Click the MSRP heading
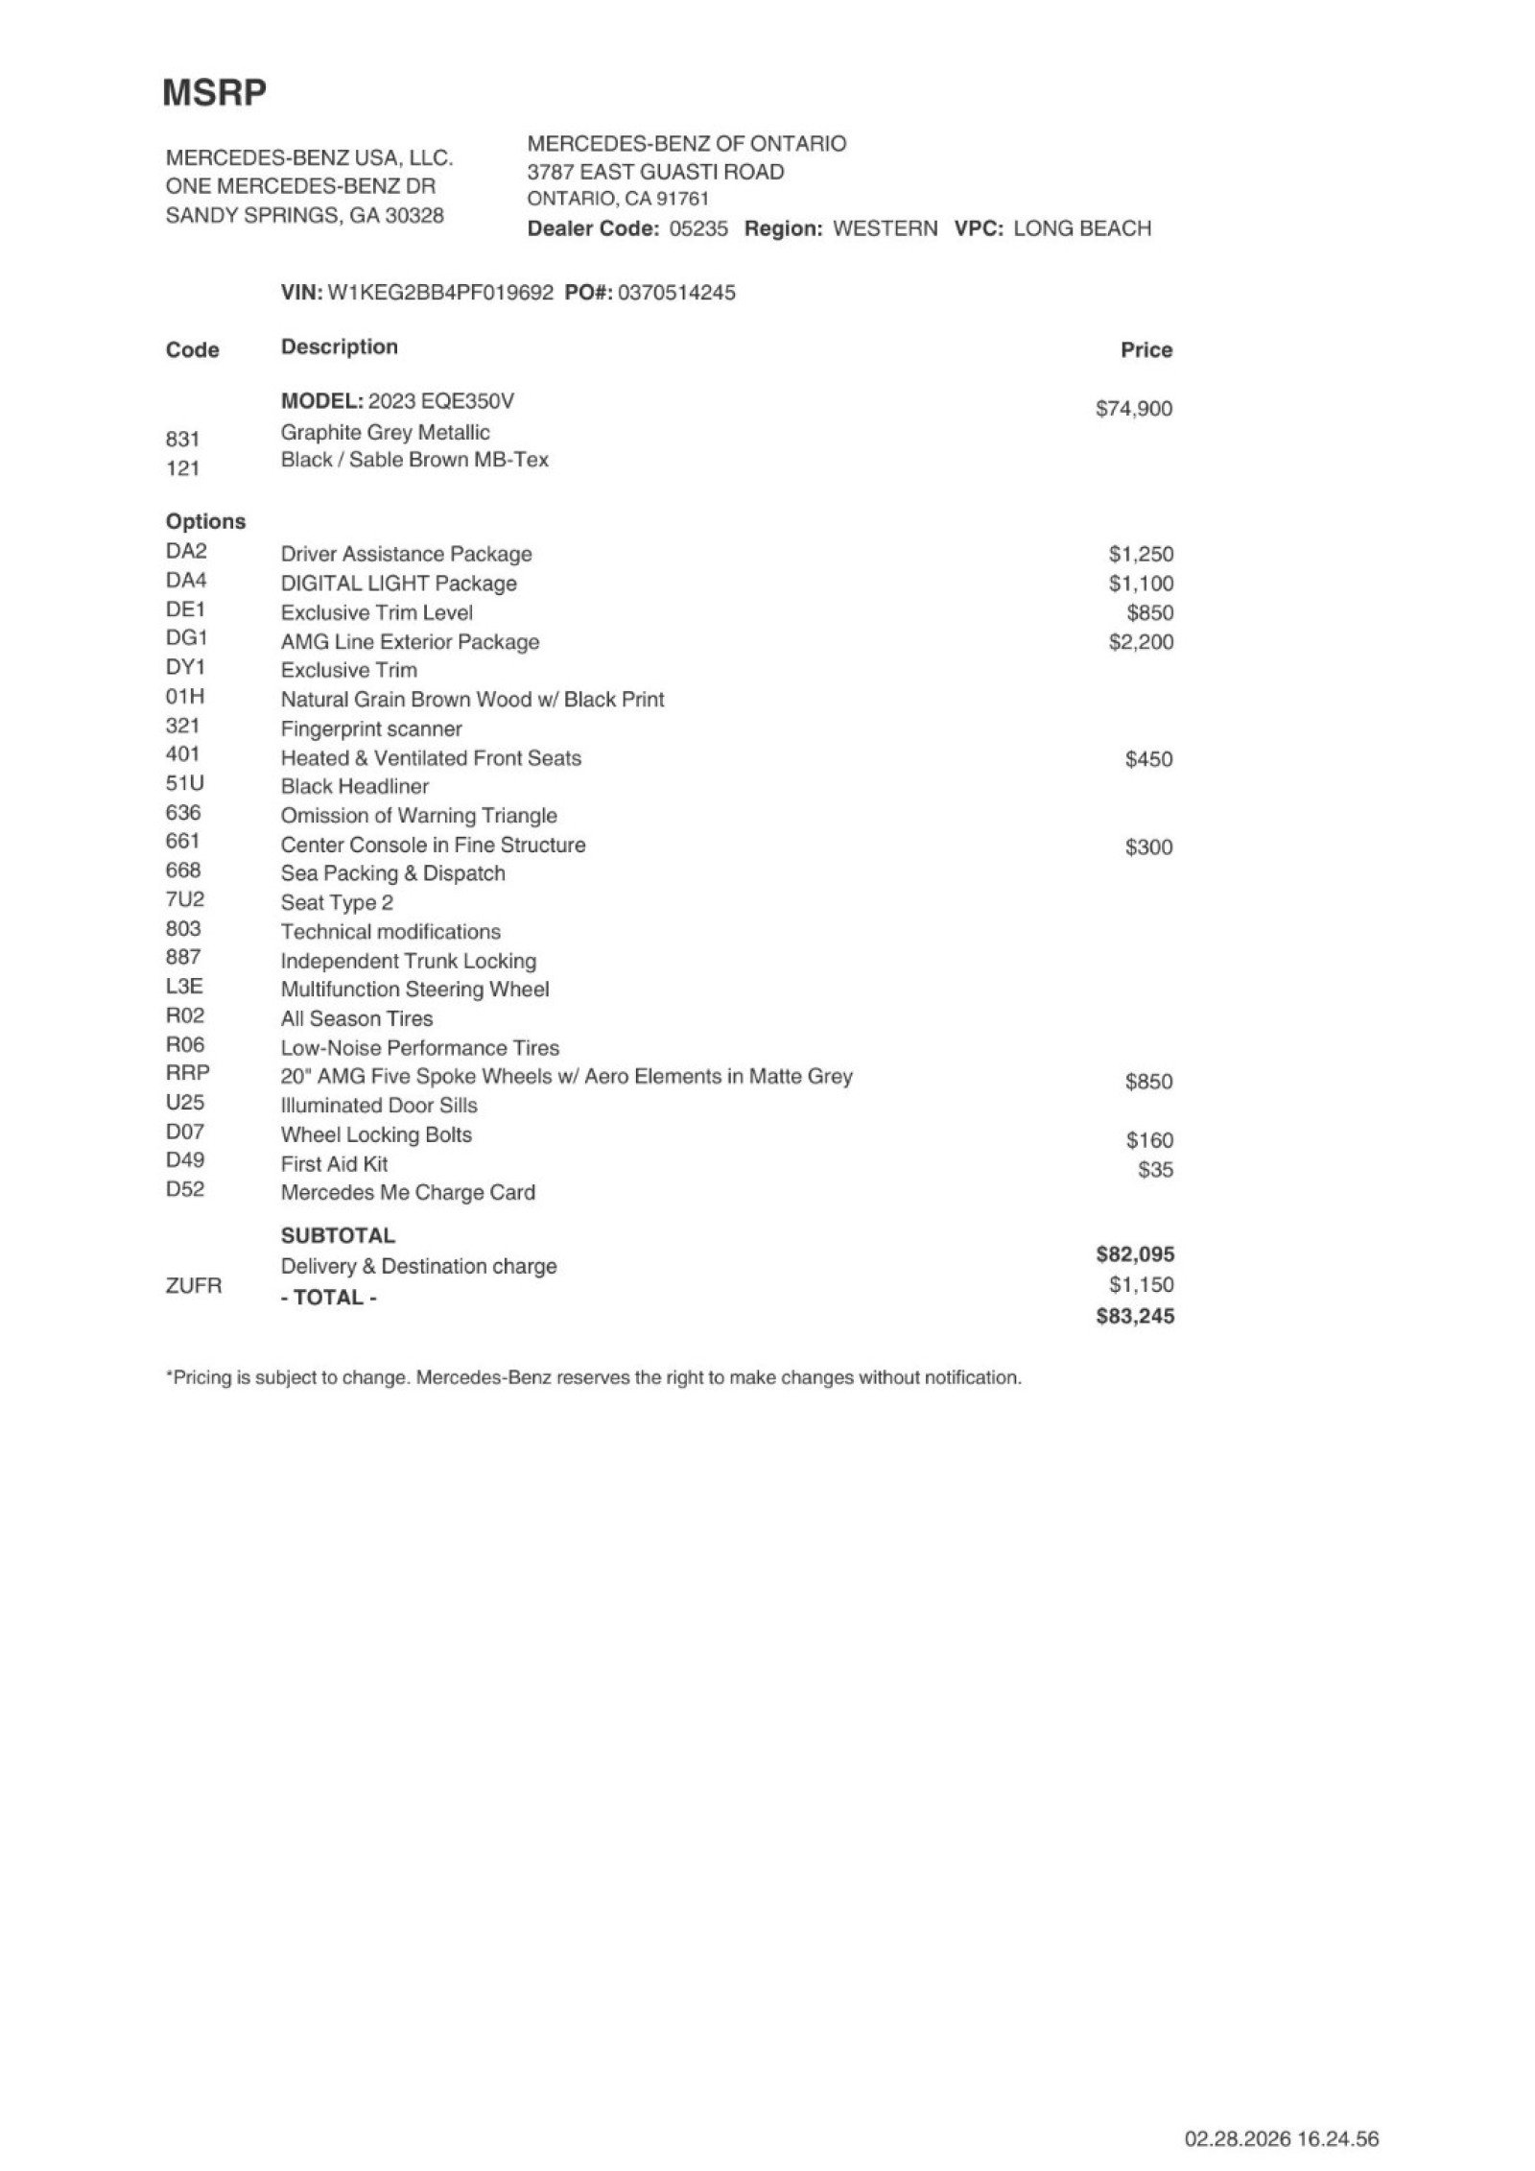(x=214, y=93)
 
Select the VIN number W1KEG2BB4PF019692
(x=440, y=293)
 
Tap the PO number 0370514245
(x=676, y=293)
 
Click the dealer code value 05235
(x=698, y=228)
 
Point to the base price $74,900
(x=1134, y=409)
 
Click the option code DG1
(x=186, y=638)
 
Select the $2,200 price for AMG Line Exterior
(x=1141, y=642)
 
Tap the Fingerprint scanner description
(x=371, y=729)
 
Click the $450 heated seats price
(x=1148, y=759)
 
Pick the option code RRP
(x=188, y=1073)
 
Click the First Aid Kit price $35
(x=1155, y=1170)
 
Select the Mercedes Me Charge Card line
(x=408, y=1193)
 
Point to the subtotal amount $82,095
(x=1135, y=1254)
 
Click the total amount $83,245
(x=1135, y=1316)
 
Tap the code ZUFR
(x=194, y=1285)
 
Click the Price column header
(x=1146, y=350)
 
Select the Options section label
(x=205, y=521)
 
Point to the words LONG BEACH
(x=1082, y=228)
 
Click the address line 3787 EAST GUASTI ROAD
(x=655, y=173)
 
